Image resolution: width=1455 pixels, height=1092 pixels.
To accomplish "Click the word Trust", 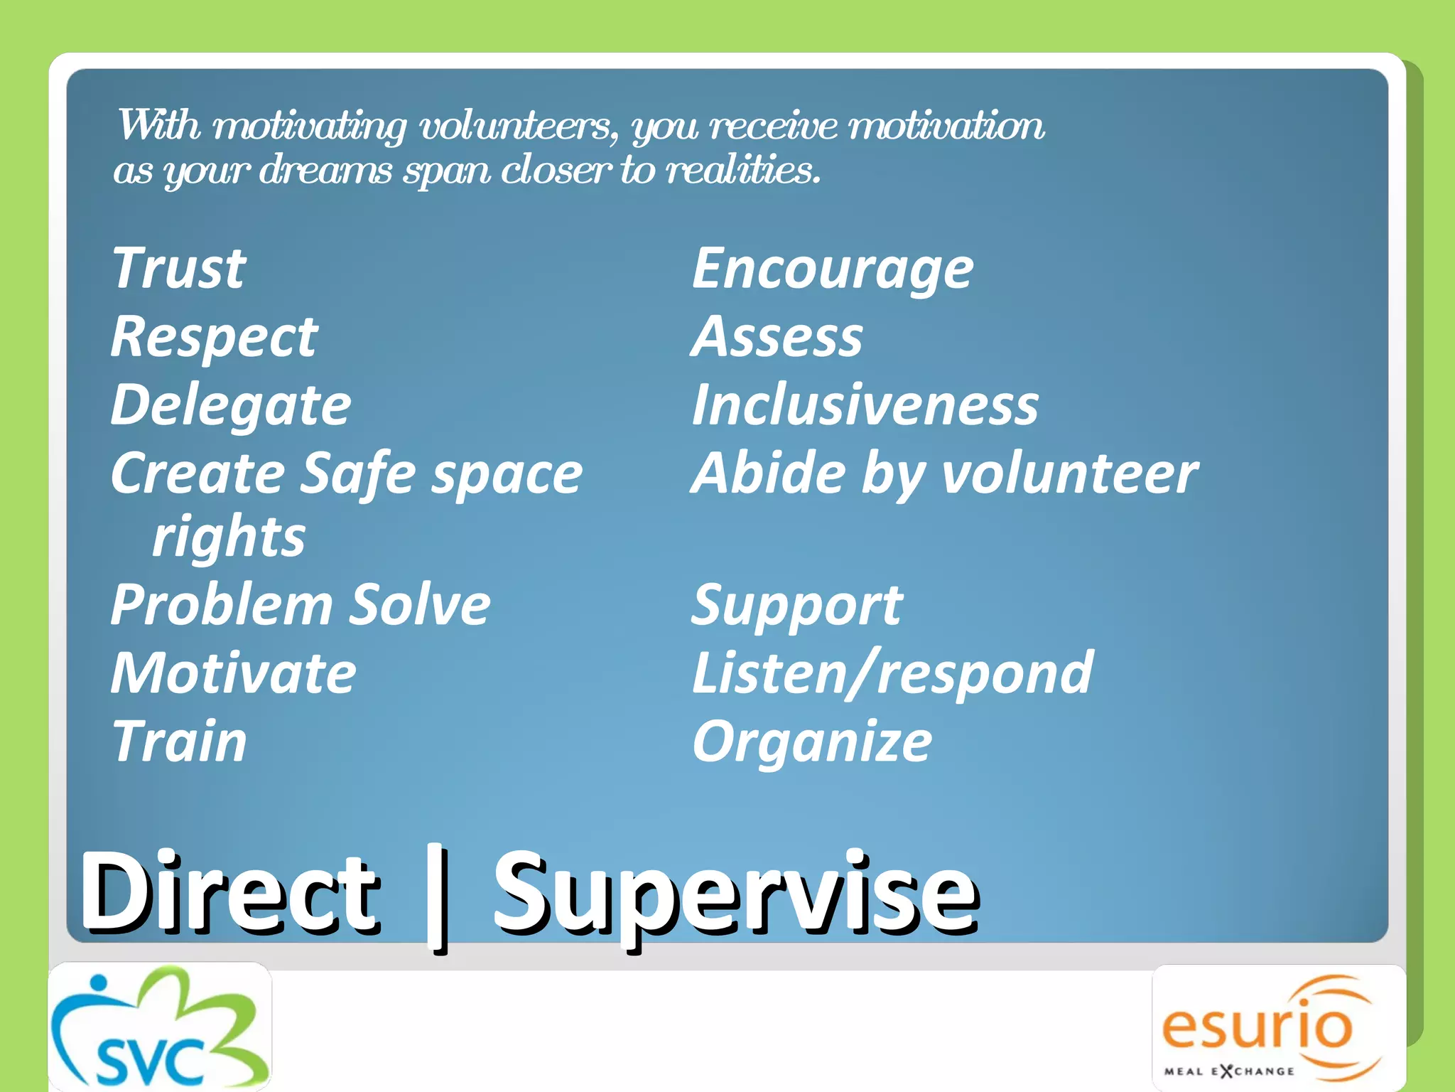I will [x=179, y=268].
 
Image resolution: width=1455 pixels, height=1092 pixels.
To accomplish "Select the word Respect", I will [x=214, y=337].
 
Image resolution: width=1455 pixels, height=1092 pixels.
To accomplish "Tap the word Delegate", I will [x=231, y=405].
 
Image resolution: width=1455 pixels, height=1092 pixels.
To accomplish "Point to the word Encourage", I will [x=832, y=269].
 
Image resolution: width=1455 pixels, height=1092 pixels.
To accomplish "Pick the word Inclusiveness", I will [x=865, y=405].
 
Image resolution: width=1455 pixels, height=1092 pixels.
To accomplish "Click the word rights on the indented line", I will [x=229, y=537].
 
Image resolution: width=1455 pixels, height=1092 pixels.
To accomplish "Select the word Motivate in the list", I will [x=233, y=673].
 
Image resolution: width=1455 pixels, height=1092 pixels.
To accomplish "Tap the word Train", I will [x=179, y=742].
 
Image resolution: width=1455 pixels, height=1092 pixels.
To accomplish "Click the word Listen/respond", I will [x=892, y=673].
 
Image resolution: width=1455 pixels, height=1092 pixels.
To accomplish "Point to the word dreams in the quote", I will [x=326, y=171].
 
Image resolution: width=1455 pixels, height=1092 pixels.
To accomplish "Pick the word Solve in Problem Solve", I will [x=421, y=605].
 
